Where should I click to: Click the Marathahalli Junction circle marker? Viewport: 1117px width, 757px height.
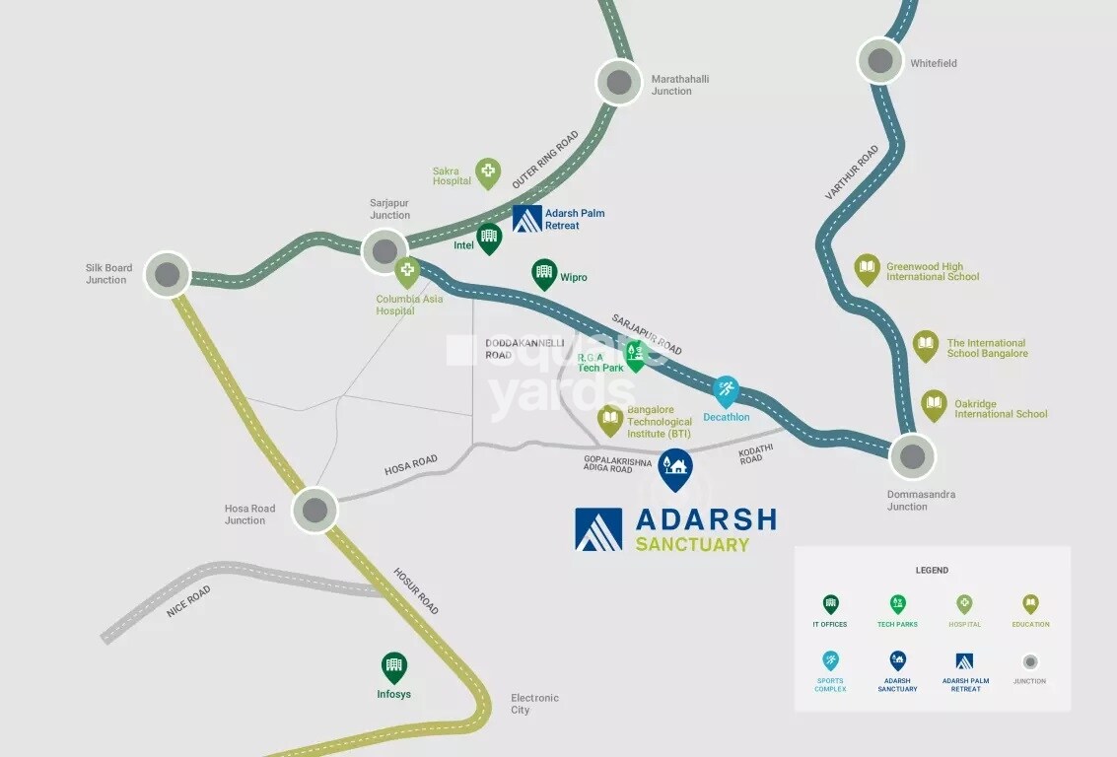point(619,83)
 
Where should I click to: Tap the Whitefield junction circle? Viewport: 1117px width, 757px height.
point(879,61)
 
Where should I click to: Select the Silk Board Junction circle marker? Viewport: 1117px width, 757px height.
point(168,274)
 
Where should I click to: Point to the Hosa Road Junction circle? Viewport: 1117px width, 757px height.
point(314,510)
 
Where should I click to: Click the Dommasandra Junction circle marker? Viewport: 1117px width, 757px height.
point(912,456)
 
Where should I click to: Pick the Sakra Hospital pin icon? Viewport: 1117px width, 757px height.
point(488,172)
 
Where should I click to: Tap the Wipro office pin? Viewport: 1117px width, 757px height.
point(544,274)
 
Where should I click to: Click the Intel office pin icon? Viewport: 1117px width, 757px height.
point(489,238)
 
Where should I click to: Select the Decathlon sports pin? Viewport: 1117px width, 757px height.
point(726,390)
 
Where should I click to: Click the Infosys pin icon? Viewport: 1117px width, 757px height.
point(393,667)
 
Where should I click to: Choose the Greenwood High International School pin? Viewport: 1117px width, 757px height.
point(867,269)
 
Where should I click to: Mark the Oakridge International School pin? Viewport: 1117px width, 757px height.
point(934,405)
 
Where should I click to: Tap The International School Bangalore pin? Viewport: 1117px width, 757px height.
point(925,345)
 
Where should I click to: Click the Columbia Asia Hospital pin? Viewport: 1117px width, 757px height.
point(407,272)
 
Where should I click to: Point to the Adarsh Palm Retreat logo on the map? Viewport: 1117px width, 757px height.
point(527,219)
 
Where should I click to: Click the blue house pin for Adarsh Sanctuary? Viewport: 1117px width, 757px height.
point(674,468)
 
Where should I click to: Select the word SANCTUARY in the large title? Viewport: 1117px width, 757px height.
point(692,544)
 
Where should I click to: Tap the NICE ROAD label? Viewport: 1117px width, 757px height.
point(188,601)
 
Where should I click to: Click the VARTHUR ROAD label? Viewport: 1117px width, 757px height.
point(852,173)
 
